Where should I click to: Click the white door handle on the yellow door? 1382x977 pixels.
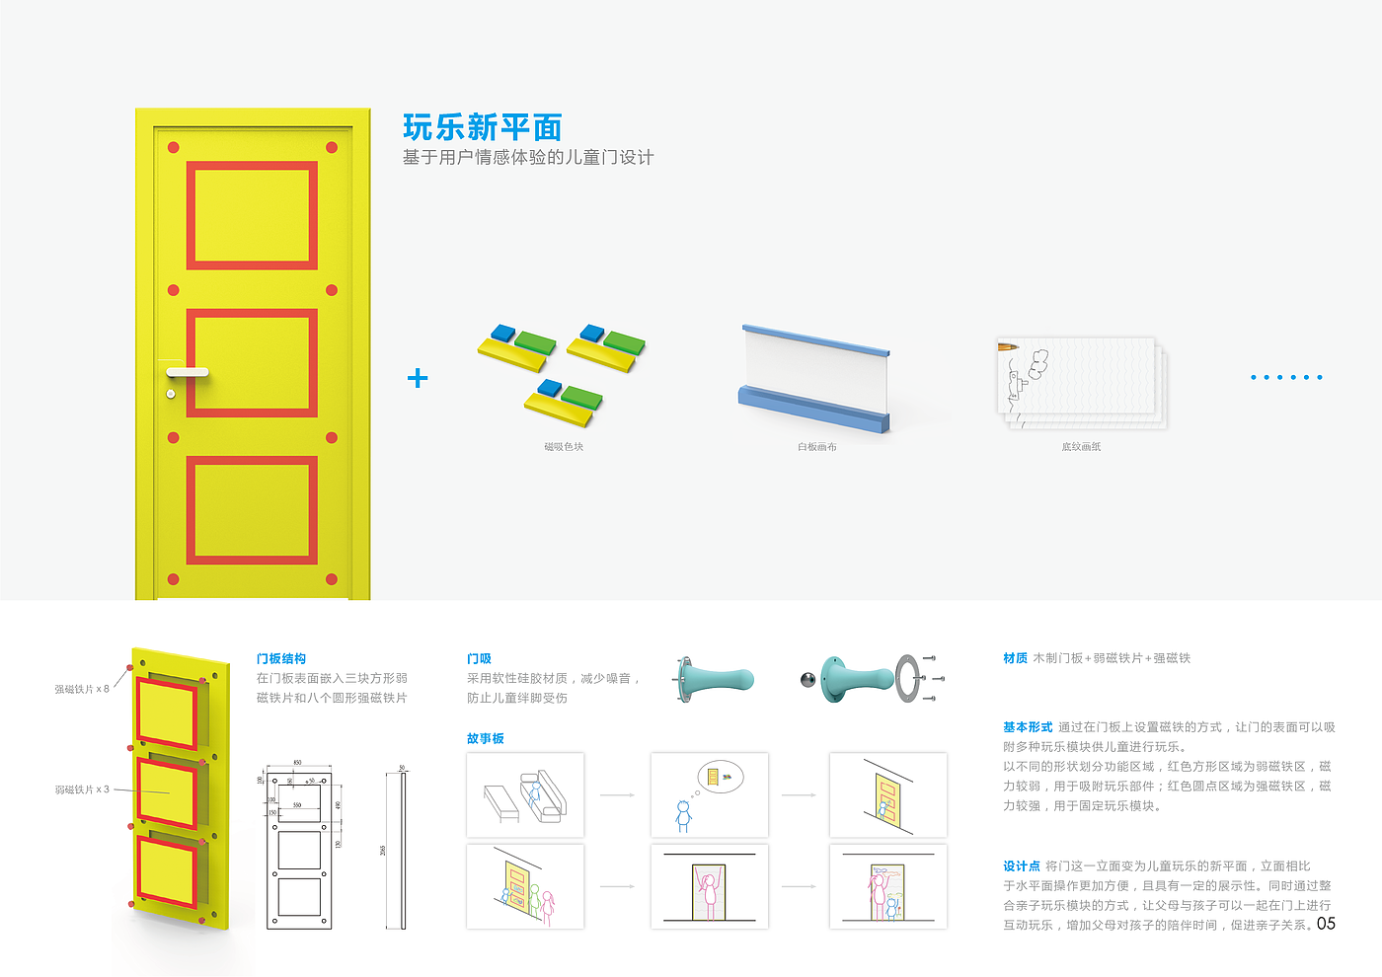pos(188,372)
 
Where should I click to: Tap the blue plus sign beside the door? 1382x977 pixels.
pos(418,378)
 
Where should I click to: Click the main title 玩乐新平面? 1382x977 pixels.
pos(482,127)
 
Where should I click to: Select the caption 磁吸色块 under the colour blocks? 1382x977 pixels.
pos(564,447)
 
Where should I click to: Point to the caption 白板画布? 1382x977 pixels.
pos(817,447)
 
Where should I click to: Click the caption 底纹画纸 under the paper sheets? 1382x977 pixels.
pos(1081,447)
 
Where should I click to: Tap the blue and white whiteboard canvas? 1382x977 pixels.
pos(815,379)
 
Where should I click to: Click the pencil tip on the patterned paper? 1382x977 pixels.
pos(1001,347)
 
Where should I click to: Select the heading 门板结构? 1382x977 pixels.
pos(281,658)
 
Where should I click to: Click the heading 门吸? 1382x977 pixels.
pos(479,658)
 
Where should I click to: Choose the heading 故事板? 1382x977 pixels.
pos(486,738)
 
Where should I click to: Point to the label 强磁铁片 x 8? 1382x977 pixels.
pos(82,689)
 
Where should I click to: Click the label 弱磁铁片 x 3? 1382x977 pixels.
pos(82,789)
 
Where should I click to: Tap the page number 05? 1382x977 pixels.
pos(1326,924)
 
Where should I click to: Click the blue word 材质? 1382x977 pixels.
pos(1015,658)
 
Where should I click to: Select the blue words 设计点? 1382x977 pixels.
pos(1022,865)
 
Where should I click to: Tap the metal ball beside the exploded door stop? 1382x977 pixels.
pos(806,679)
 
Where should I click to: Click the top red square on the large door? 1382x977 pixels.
pos(252,215)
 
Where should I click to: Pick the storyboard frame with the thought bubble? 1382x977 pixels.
pos(710,795)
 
